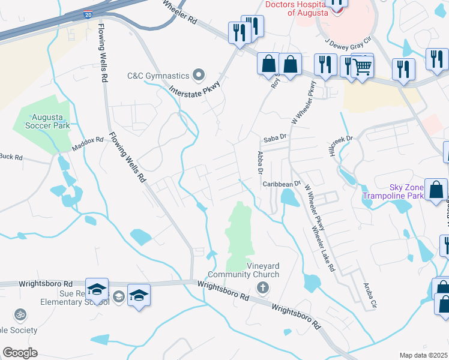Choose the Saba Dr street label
click(x=273, y=140)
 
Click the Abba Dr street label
click(x=261, y=163)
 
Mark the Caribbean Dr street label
click(x=282, y=184)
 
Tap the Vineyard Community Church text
click(x=263, y=271)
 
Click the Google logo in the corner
click(x=20, y=353)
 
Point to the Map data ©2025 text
click(x=423, y=355)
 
